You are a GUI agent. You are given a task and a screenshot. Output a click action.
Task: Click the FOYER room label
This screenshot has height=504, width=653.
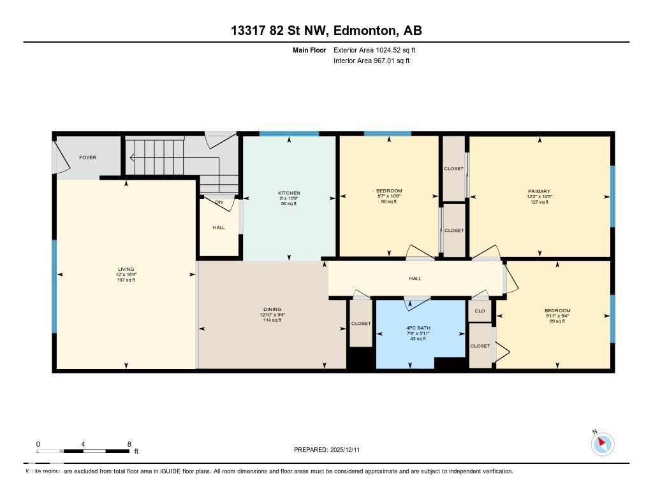pos(87,157)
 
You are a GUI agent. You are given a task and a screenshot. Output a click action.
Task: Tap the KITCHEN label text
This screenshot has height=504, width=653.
pos(289,193)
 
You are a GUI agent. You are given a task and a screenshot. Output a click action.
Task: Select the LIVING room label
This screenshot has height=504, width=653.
pos(126,270)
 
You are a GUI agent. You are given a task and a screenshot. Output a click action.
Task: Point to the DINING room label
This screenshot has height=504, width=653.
pos(272,310)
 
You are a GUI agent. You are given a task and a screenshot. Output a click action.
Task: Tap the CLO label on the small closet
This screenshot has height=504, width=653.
pos(480,311)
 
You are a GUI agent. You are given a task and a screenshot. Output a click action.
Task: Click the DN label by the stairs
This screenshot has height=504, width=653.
pos(219,203)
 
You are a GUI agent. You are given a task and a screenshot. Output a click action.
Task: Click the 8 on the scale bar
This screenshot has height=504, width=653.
pos(129,444)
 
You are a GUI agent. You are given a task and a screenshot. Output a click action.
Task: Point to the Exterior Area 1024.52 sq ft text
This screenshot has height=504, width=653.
pos(374,50)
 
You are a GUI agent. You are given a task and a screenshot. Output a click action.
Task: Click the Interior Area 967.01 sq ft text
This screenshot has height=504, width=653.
pos(371,61)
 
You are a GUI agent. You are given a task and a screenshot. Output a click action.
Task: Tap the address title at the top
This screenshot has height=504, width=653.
pos(326,31)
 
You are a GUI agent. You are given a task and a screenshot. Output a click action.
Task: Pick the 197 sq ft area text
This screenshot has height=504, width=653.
pos(126,280)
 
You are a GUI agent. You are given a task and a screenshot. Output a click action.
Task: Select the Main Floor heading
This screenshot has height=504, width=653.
pos(309,50)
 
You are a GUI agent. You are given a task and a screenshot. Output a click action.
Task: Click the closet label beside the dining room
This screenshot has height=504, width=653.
pos(361,324)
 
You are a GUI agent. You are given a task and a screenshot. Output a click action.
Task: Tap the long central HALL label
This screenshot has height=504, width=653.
pos(415,278)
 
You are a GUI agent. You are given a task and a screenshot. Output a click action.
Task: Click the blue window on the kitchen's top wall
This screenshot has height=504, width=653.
pos(289,134)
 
